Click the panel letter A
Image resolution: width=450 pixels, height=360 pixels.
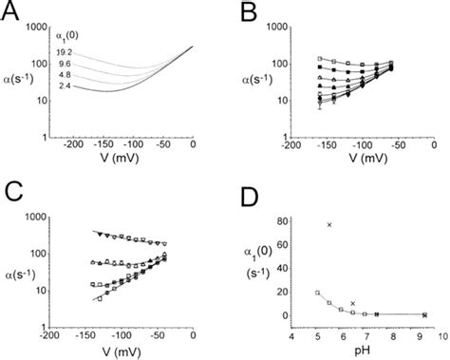(13, 13)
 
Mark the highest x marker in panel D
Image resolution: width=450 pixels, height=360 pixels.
(329, 224)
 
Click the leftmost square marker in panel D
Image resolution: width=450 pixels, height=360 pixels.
(317, 293)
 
